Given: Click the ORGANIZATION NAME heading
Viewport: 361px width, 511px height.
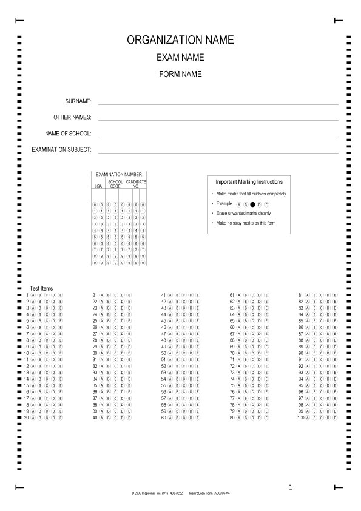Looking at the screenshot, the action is coord(180,40).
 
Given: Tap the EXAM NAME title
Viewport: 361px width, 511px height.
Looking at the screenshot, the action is coord(180,58).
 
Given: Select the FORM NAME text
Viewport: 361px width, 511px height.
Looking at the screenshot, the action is coord(180,75).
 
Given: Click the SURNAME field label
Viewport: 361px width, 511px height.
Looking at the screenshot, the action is coord(78,101).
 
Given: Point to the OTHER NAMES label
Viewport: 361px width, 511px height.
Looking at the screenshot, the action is coord(72,117).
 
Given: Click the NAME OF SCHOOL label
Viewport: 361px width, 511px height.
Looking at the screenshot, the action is coord(68,133).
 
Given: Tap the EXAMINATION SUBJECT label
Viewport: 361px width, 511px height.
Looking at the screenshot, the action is coord(61,149).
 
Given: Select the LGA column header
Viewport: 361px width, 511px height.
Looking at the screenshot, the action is coord(98,186).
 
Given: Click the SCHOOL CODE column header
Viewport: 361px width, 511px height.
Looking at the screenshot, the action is coord(115,183).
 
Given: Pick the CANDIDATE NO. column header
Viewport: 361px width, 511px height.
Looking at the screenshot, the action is coord(136,183).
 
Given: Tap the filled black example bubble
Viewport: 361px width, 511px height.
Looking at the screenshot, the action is coord(252,205).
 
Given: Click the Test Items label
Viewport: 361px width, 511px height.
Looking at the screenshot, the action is coord(41,288).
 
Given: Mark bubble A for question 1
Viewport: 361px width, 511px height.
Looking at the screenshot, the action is coord(32,295).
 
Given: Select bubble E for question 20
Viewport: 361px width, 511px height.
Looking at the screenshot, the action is coord(61,418).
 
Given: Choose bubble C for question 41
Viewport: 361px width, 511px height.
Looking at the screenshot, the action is coord(184,295).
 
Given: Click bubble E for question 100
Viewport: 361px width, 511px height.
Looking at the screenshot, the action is coord(335,418).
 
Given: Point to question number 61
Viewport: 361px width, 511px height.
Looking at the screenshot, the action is coord(232,295).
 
